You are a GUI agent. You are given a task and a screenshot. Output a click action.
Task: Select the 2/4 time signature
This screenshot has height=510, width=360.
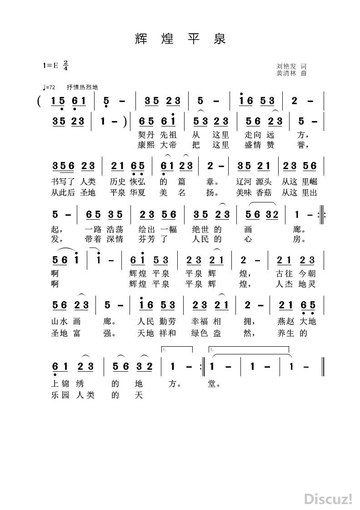coord(66,65)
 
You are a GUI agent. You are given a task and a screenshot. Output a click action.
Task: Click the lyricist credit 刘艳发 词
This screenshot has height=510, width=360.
coord(291,66)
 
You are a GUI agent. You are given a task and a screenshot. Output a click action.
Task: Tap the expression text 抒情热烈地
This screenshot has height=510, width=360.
coord(82,87)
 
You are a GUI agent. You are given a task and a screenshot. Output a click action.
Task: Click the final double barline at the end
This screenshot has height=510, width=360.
coord(322,366)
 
